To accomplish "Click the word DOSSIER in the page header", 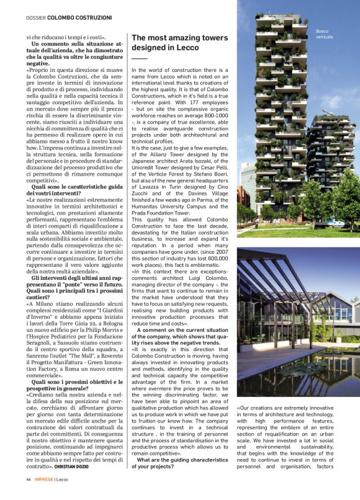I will point(36,18).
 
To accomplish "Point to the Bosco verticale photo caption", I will point(324,33).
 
